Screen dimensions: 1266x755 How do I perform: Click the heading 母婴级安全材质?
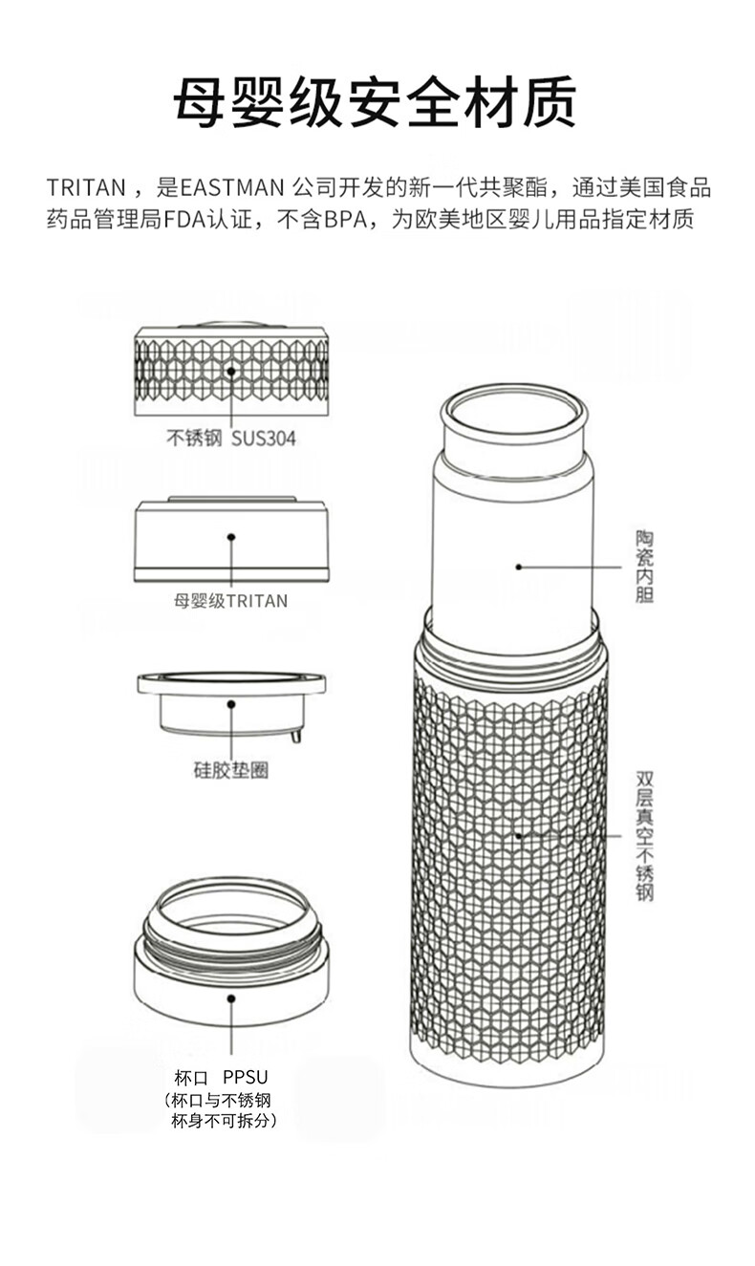[x=375, y=101]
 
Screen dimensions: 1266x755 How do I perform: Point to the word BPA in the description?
[x=347, y=220]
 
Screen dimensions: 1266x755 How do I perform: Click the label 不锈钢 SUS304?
[x=231, y=439]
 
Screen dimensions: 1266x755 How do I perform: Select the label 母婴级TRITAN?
[x=230, y=601]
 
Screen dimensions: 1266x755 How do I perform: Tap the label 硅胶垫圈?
[x=230, y=770]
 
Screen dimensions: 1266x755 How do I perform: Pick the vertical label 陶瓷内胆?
[x=645, y=567]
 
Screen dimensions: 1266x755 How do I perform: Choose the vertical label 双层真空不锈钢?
[x=645, y=836]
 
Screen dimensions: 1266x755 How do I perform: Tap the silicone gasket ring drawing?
[x=231, y=702]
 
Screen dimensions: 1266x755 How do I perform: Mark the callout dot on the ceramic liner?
[x=519, y=567]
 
